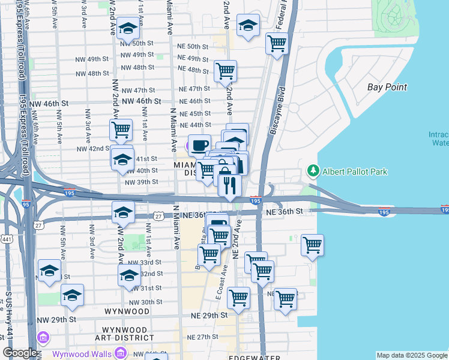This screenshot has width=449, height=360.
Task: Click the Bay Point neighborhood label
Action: tap(387, 87)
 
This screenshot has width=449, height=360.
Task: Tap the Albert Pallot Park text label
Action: tap(355, 172)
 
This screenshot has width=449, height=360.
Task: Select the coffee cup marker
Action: tap(199, 145)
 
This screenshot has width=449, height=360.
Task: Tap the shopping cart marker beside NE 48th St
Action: tap(225, 70)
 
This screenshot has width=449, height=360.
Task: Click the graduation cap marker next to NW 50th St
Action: tap(128, 28)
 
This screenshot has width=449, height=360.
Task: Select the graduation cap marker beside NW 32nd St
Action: tap(130, 275)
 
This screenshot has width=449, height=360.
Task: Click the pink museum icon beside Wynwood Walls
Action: tap(43, 338)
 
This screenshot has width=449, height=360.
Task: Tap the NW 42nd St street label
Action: tap(91, 148)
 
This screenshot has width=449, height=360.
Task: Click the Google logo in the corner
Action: tap(20, 353)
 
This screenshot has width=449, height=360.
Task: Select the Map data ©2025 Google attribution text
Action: tap(411, 355)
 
